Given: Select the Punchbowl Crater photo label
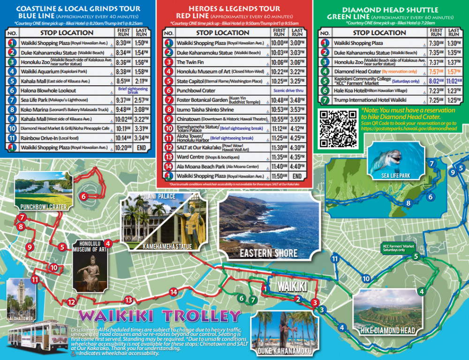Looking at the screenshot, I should [x=43, y=207].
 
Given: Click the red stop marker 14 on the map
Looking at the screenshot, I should [x=174, y=292].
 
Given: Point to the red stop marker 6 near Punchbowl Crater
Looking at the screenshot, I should [x=83, y=196].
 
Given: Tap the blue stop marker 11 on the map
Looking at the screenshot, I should [x=335, y=259].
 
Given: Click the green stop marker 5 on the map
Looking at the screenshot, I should [x=415, y=256].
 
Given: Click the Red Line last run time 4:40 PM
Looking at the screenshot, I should [x=297, y=166].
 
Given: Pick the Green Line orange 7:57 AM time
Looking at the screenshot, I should [x=436, y=71].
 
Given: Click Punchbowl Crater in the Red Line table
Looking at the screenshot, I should [x=196, y=90].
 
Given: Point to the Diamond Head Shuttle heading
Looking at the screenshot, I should [x=390, y=10].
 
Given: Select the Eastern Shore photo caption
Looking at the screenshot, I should [x=268, y=253].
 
